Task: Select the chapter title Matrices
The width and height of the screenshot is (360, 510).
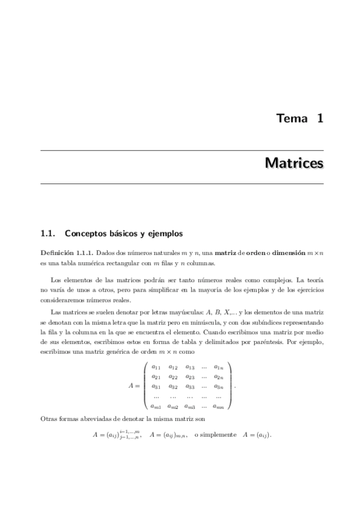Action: (294, 164)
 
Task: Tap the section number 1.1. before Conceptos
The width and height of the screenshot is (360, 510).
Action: (47, 232)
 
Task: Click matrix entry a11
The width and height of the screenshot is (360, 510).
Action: (156, 367)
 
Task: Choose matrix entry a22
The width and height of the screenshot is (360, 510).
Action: (172, 376)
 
